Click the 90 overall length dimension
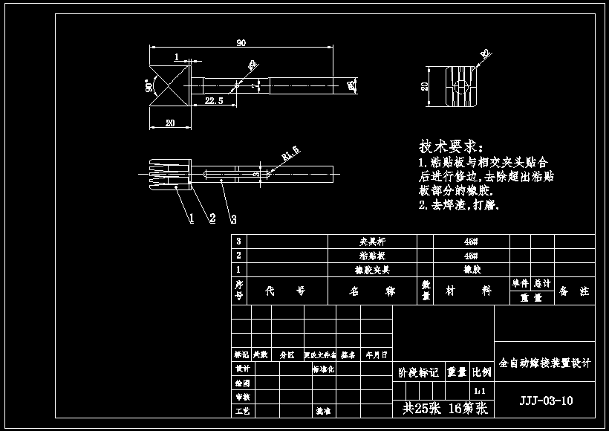tap(241, 42)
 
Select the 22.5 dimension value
tap(214, 101)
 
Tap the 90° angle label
tap(149, 86)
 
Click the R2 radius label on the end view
tap(486, 54)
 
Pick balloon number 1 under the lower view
tap(191, 218)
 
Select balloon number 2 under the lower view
tap(212, 218)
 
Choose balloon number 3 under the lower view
tap(233, 219)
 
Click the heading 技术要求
tap(451, 146)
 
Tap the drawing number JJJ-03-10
tap(545, 401)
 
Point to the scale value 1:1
tap(481, 390)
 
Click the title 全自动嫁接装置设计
tap(545, 363)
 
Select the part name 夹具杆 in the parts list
tap(372, 242)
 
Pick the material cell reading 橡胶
tap(472, 270)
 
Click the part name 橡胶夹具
tap(372, 270)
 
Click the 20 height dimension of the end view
tap(424, 87)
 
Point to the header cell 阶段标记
tap(418, 372)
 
